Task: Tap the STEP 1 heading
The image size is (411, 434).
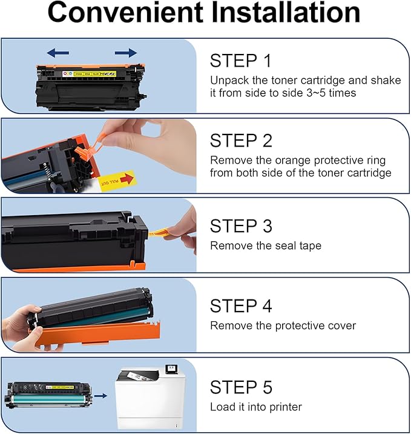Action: pyautogui.click(x=240, y=61)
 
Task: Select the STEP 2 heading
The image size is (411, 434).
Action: pyautogui.click(x=241, y=141)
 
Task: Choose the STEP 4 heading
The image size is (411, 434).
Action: pyautogui.click(x=241, y=305)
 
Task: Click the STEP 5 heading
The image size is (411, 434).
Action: pyautogui.click(x=241, y=387)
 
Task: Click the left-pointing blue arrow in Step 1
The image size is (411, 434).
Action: pyautogui.click(x=58, y=53)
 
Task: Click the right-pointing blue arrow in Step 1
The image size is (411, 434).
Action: pyautogui.click(x=125, y=53)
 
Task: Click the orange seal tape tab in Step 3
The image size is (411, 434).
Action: pyautogui.click(x=159, y=230)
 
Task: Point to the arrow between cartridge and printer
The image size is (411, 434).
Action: pyautogui.click(x=100, y=395)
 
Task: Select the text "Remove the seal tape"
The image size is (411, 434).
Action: pyautogui.click(x=265, y=245)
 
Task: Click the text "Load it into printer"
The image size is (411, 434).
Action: pyautogui.click(x=255, y=407)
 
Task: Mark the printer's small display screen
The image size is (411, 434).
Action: pyautogui.click(x=171, y=369)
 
